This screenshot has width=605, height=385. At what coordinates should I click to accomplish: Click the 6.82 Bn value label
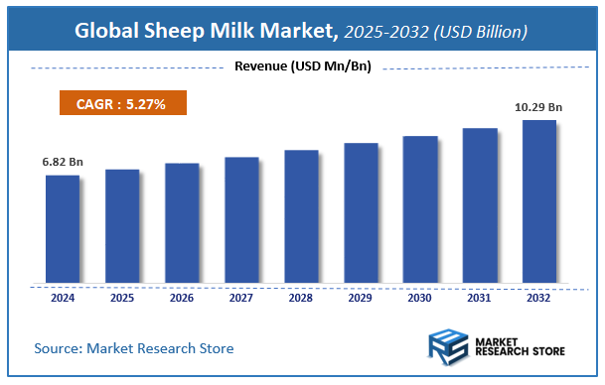[x=62, y=160]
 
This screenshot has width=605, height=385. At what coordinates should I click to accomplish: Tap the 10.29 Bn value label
[x=539, y=105]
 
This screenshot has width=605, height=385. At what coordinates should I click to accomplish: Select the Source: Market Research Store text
[x=133, y=348]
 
